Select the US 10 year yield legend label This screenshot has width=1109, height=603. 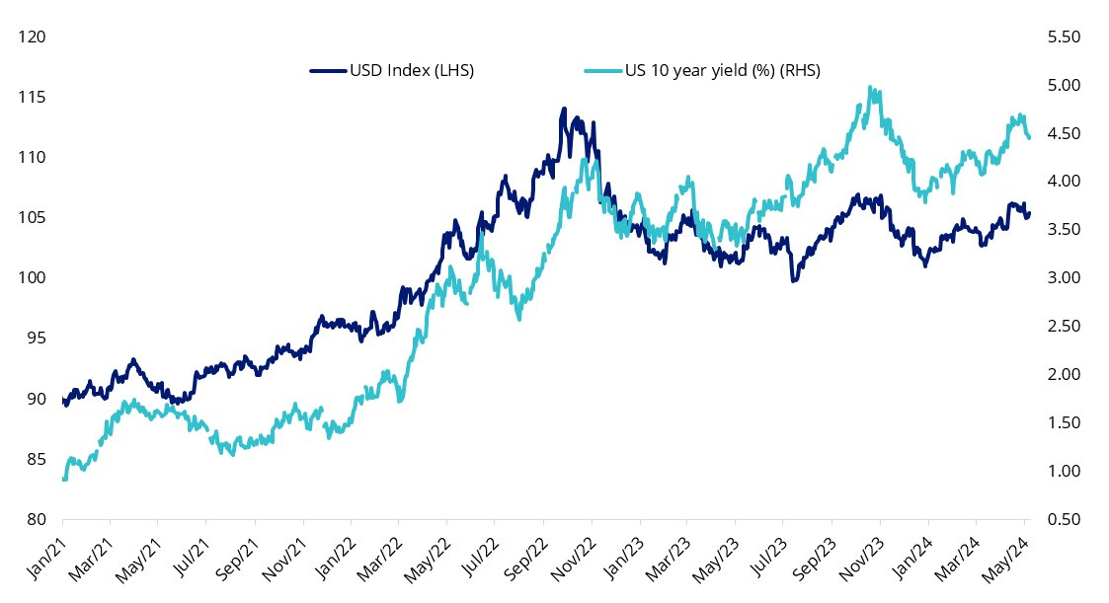tap(722, 71)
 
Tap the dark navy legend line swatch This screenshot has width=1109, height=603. tap(327, 71)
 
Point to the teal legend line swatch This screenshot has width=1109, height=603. tap(601, 71)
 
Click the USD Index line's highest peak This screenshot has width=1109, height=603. tap(564, 109)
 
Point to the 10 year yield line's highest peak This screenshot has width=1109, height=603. tap(869, 87)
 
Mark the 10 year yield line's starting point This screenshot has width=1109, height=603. tap(63, 479)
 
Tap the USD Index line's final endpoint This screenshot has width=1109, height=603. tap(1029, 213)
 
